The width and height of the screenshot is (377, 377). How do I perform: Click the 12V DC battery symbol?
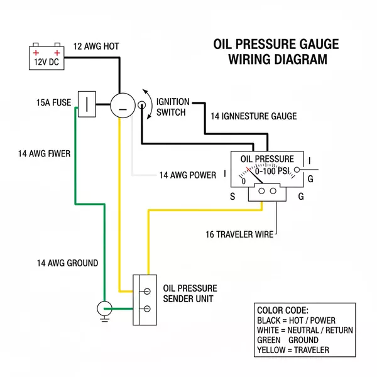49,57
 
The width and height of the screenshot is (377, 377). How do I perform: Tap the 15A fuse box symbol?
86,103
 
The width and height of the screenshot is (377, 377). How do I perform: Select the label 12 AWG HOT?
96,46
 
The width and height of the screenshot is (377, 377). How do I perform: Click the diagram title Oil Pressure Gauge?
276,45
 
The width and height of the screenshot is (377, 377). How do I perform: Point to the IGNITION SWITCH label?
172,107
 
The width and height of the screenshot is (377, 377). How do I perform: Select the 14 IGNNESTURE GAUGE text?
254,116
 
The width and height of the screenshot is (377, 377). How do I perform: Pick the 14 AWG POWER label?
187,175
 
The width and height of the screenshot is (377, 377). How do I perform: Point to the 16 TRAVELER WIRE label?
239,234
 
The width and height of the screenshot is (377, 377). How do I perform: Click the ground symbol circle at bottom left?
104,308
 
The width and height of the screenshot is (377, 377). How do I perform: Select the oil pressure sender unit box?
144,300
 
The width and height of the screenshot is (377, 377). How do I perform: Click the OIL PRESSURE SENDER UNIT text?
188,293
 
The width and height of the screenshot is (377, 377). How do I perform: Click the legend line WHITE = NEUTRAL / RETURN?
305,330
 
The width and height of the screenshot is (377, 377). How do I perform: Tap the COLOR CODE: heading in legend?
283,310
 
